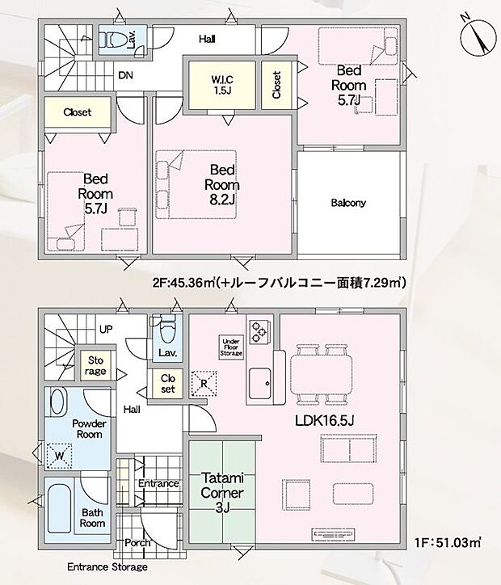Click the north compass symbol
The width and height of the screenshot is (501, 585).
[477, 36]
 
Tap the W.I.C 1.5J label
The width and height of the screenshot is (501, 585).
[222, 85]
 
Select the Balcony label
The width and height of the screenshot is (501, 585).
[348, 203]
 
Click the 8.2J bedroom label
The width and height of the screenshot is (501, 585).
[222, 185]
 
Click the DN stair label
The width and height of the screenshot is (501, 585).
[125, 75]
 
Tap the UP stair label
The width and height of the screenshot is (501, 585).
[106, 330]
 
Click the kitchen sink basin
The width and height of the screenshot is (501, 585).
[260, 383]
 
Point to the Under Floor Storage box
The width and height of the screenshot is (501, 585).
[231, 347]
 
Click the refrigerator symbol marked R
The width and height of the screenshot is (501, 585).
[204, 383]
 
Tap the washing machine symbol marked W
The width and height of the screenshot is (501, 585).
[59, 456]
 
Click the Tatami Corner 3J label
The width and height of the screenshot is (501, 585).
[222, 492]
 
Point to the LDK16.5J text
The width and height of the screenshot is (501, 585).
[324, 421]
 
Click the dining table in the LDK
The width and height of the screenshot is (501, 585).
[322, 374]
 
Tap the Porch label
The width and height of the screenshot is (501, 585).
[137, 542]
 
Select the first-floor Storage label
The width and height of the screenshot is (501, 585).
[95, 365]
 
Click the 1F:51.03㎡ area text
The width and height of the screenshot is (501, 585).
[448, 542]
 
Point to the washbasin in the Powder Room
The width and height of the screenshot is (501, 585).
[58, 401]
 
